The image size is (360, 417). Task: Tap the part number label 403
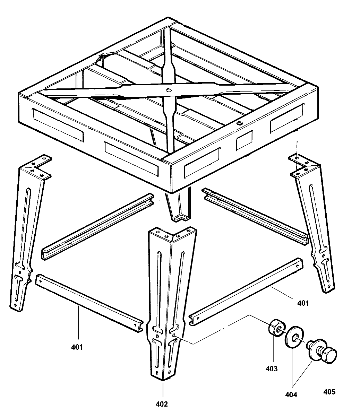tap(271, 368)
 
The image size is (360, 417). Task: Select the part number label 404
tap(291, 394)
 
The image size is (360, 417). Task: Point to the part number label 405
tap(329, 392)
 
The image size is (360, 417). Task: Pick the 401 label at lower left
tap(77, 347)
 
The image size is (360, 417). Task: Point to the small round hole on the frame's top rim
tap(239, 123)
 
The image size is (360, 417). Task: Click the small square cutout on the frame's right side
tap(245, 140)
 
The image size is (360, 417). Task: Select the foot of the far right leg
tap(328, 289)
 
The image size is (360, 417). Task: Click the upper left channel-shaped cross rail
tap(98, 227)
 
